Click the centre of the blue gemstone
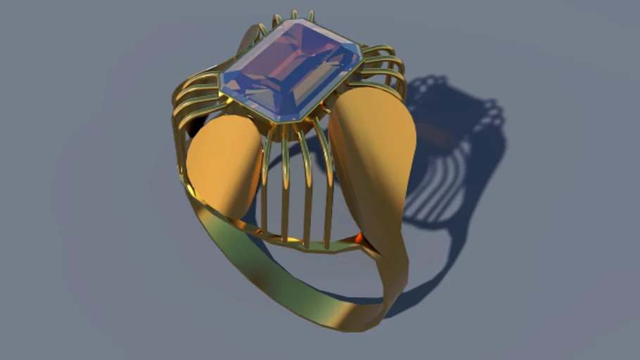click(291, 68)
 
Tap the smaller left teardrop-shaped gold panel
click(224, 162)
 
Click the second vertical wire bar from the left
click(286, 186)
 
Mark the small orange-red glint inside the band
click(360, 238)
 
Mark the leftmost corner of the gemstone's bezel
click(221, 87)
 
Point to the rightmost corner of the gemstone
click(361, 49)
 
